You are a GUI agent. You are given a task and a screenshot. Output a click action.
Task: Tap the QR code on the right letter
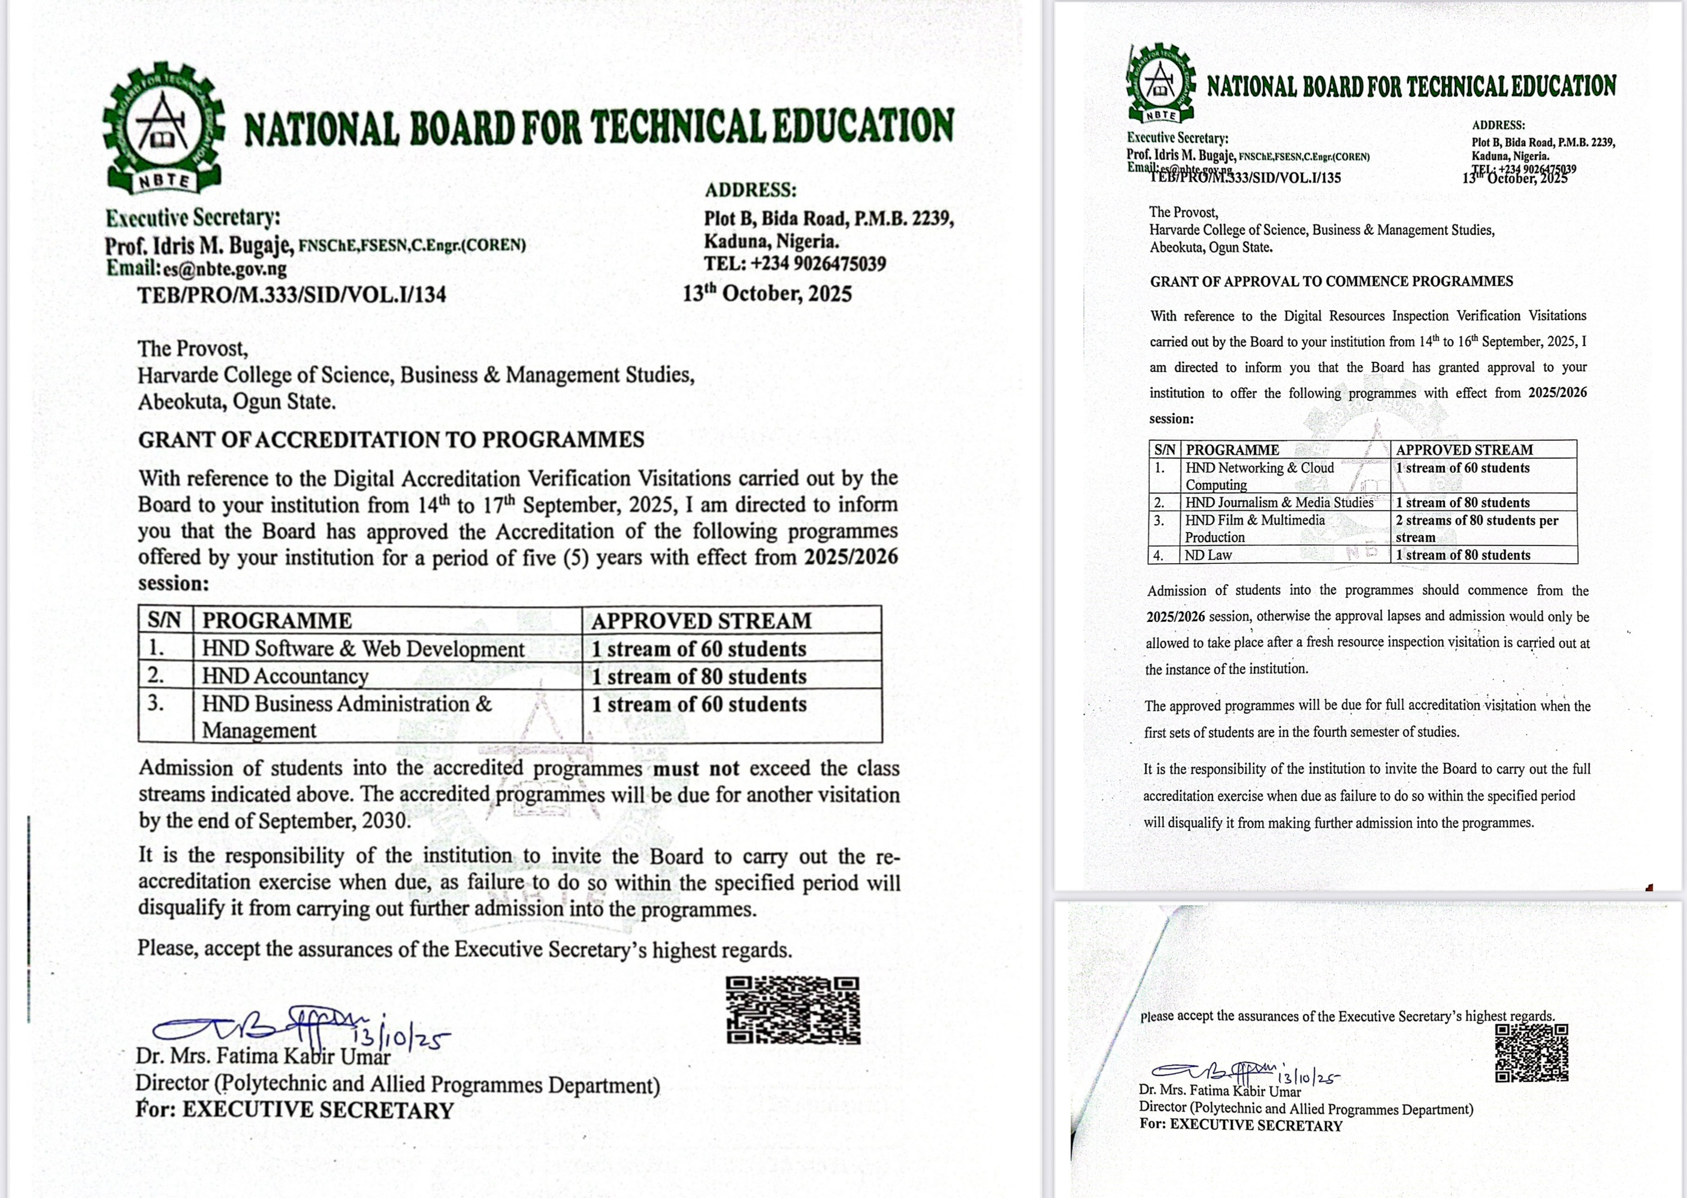[1531, 1052]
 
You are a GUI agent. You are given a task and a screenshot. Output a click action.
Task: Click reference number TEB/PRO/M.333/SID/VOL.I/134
[291, 295]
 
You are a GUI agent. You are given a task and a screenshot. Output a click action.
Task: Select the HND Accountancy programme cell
[286, 676]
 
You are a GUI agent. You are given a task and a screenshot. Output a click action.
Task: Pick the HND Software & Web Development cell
[363, 649]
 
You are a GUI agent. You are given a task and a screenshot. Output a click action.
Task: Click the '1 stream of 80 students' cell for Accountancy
[699, 676]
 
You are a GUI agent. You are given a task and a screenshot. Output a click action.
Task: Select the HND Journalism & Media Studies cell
[1279, 503]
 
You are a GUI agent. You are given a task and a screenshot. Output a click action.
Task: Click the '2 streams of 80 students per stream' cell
[1476, 528]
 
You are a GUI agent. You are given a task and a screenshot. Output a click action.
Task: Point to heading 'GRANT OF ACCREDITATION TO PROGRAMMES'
[391, 440]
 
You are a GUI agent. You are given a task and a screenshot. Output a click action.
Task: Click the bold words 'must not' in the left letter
[696, 769]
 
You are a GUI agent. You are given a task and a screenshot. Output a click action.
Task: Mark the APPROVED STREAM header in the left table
[701, 621]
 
